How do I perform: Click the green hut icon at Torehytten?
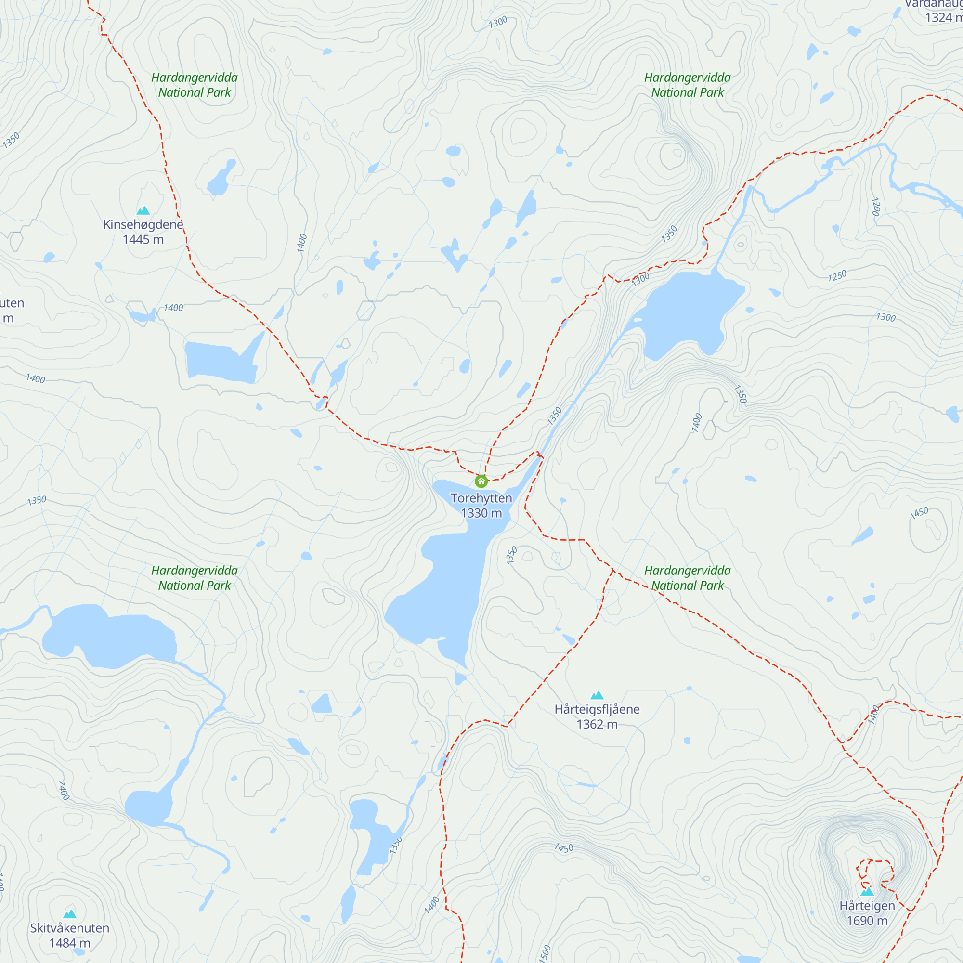(x=481, y=481)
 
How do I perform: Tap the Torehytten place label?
(x=481, y=498)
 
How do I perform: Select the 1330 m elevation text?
(x=481, y=513)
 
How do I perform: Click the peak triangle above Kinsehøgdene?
(x=143, y=210)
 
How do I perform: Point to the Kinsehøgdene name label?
(x=143, y=224)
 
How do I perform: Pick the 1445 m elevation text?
(x=143, y=239)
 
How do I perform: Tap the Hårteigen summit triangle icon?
(x=867, y=891)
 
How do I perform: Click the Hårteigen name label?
(x=867, y=906)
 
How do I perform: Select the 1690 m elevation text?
(x=867, y=921)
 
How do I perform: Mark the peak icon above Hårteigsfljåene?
(x=597, y=695)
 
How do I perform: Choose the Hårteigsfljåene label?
(x=597, y=709)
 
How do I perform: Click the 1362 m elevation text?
(x=597, y=724)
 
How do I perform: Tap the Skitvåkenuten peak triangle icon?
(x=70, y=914)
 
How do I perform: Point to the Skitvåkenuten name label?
(x=70, y=928)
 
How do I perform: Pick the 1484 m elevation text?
(x=70, y=943)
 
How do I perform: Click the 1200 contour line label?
(x=876, y=207)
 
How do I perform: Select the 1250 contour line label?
(x=837, y=275)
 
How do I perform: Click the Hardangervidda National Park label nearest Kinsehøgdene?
(x=195, y=85)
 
